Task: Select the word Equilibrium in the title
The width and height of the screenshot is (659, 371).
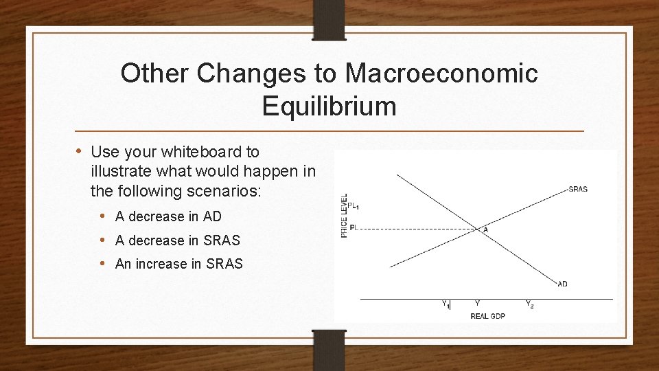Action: click(329, 106)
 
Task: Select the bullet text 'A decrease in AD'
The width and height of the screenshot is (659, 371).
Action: click(168, 216)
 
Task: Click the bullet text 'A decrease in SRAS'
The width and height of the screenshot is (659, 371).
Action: click(178, 240)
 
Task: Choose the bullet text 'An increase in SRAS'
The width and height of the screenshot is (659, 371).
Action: click(179, 264)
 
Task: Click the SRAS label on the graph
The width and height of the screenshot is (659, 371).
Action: click(577, 190)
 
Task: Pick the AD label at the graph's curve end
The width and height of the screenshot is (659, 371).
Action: click(562, 284)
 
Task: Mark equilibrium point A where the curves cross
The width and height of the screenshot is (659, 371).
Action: click(478, 228)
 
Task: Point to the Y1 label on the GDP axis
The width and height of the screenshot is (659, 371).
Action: click(446, 304)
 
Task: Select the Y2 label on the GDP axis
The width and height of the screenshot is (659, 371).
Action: click(529, 304)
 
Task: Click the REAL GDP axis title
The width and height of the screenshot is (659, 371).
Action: click(487, 316)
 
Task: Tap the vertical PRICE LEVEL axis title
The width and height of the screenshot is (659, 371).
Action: click(344, 216)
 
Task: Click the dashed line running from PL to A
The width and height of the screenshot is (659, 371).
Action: click(419, 228)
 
